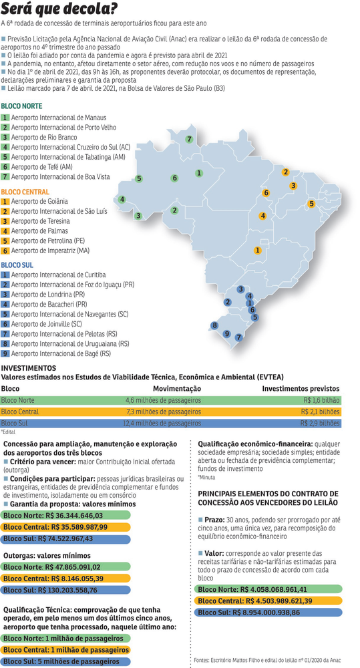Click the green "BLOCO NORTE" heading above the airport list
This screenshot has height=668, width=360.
click(22, 106)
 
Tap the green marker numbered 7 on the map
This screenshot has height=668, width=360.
click(190, 140)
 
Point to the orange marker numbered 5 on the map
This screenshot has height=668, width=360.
click(311, 203)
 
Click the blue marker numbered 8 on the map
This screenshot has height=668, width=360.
click(214, 325)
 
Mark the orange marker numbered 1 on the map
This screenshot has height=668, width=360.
click(257, 250)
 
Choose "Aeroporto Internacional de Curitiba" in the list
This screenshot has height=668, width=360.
click(58, 275)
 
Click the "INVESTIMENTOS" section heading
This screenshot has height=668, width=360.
click(29, 368)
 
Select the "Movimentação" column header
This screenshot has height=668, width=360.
click(177, 388)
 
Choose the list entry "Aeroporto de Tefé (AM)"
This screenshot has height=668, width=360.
click(42, 167)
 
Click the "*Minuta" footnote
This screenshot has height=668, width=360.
click(208, 478)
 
